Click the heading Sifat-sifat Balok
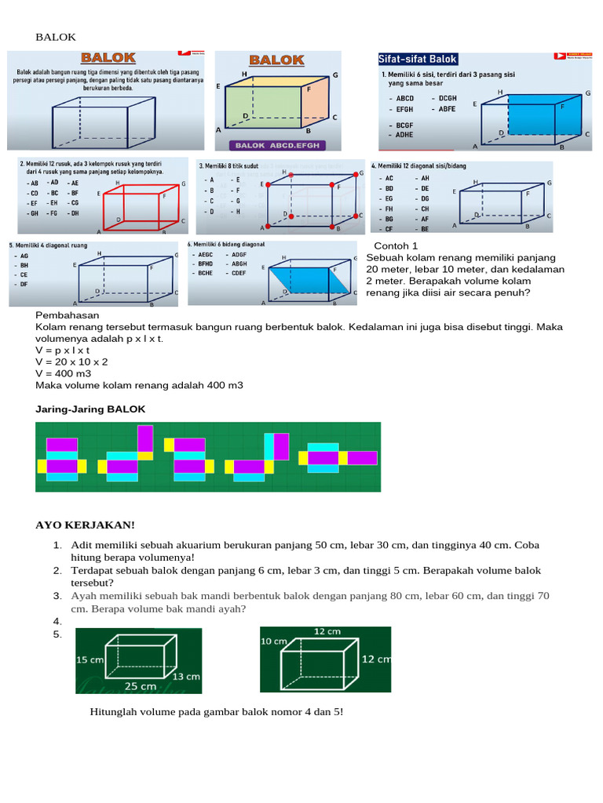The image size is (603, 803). click(x=418, y=60)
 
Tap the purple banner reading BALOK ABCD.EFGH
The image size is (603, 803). click(x=276, y=145)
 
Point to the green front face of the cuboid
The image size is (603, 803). click(x=262, y=107)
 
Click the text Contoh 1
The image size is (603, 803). click(x=395, y=246)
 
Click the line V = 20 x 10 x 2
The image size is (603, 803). click(x=72, y=362)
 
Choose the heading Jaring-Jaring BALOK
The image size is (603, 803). click(x=90, y=409)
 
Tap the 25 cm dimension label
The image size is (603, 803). click(x=141, y=685)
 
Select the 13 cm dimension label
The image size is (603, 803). click(x=185, y=675)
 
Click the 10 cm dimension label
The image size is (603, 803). click(x=273, y=641)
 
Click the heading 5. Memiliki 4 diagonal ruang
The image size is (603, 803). click(x=46, y=245)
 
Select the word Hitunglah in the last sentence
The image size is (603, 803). click(x=115, y=712)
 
